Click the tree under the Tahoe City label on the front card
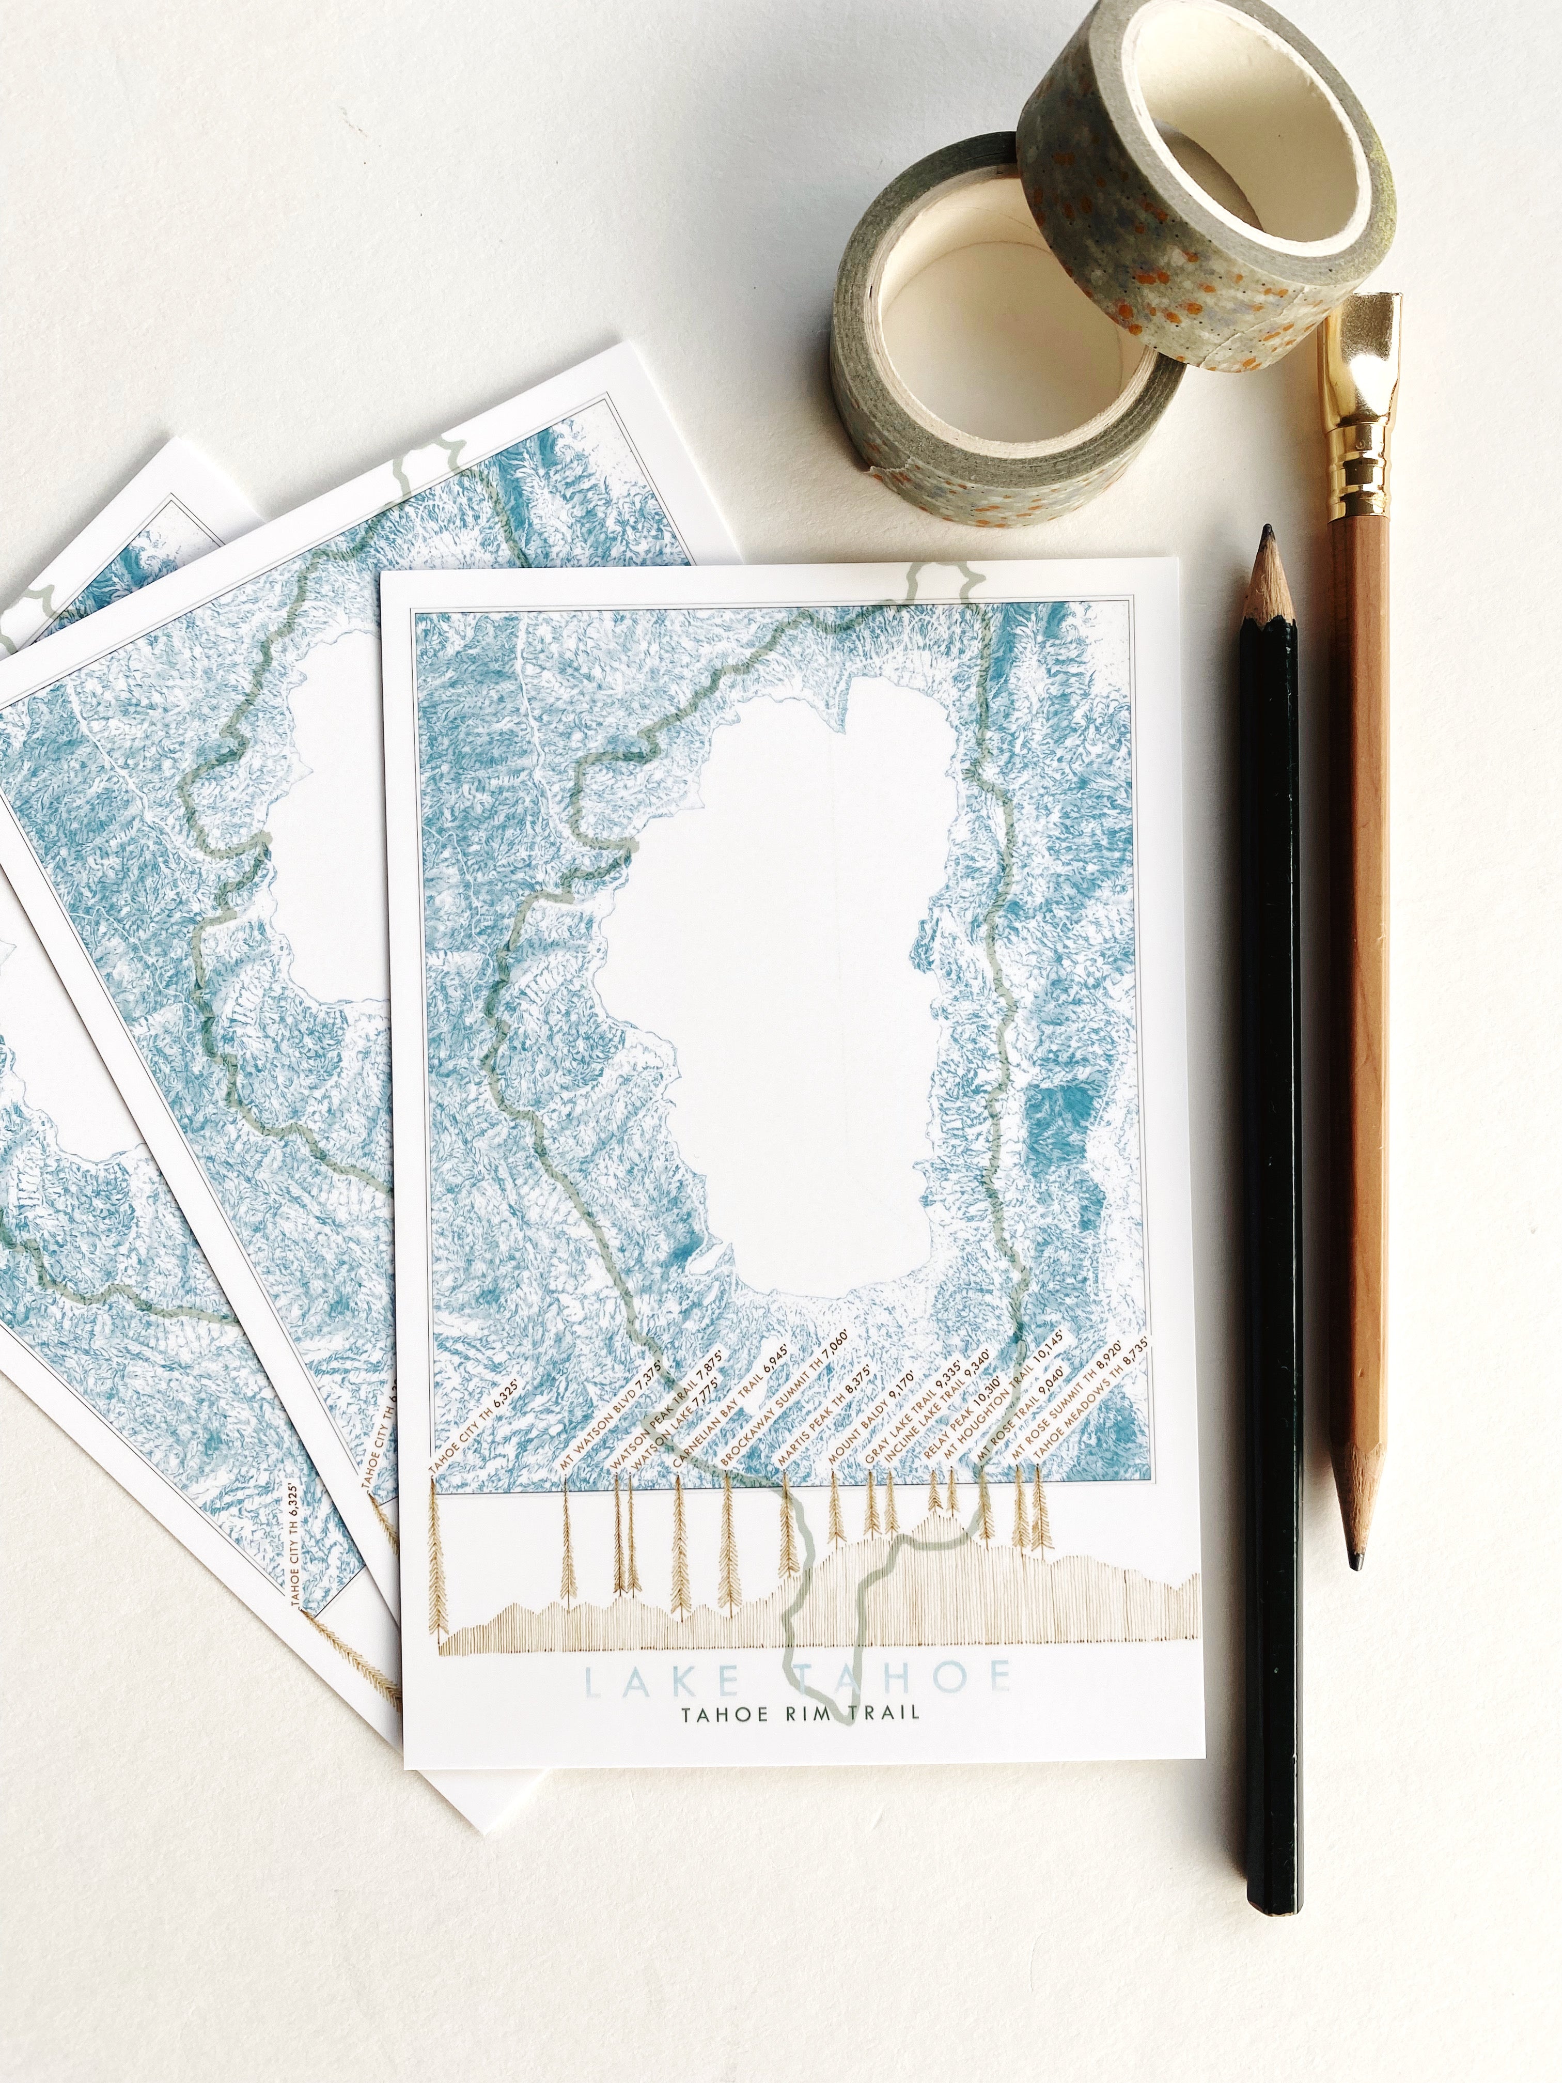point(436,1563)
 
